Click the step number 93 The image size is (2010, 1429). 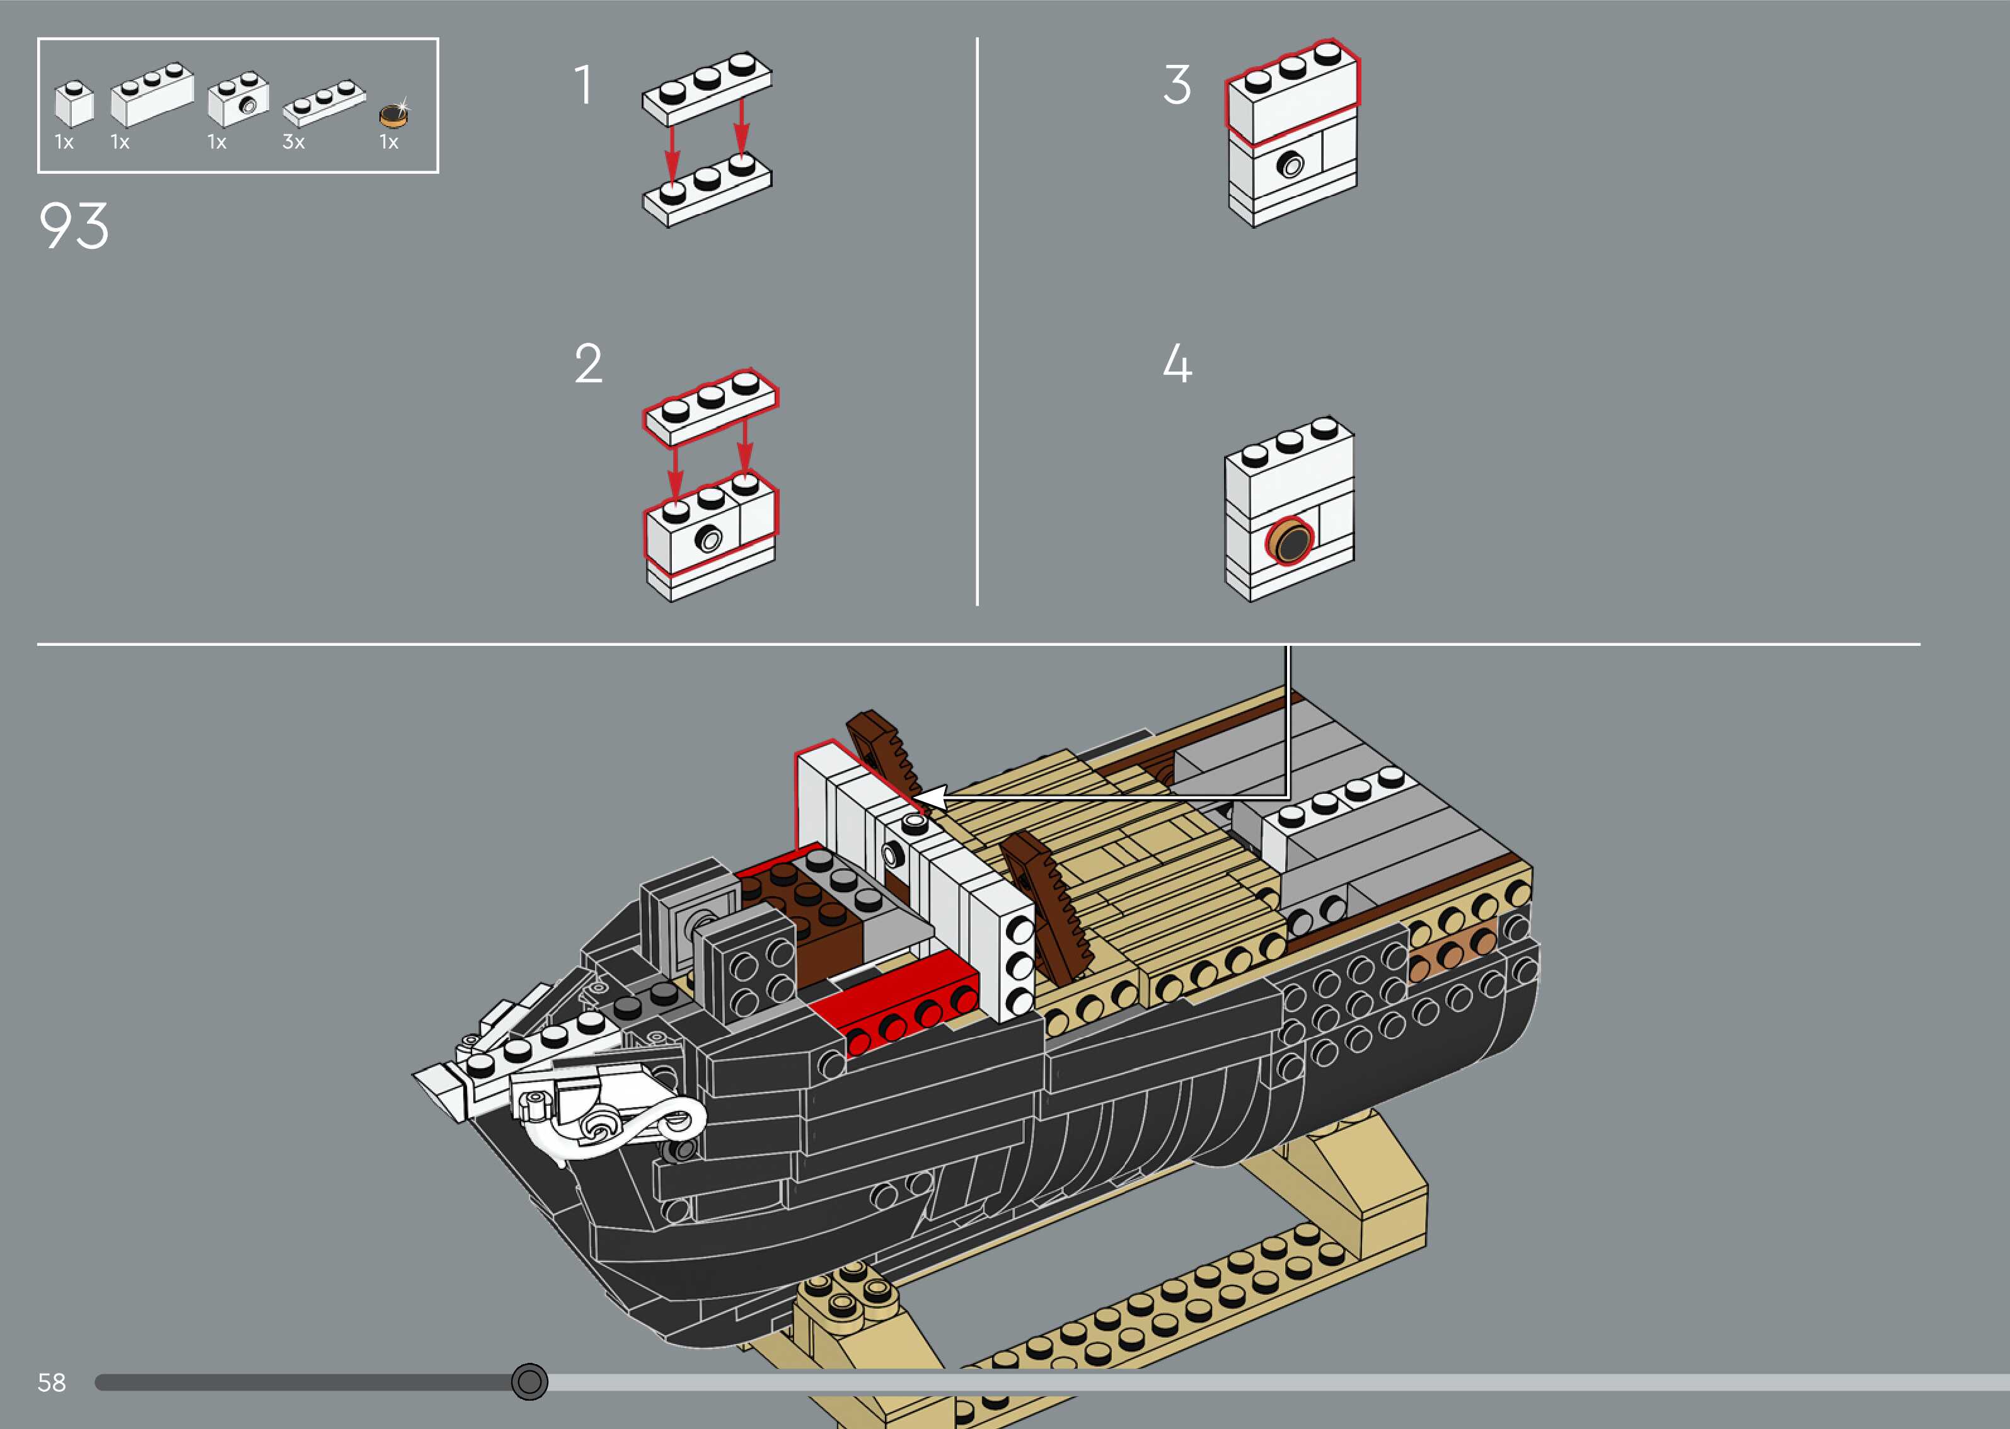click(x=74, y=226)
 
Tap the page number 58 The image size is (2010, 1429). click(x=52, y=1382)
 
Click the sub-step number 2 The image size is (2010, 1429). click(x=589, y=364)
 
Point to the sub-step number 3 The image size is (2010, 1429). click(x=1177, y=85)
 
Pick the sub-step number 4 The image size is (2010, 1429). click(x=1177, y=364)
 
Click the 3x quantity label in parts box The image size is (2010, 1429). click(x=294, y=142)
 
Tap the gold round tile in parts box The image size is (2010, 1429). click(x=393, y=115)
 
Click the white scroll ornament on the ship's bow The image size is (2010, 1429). click(x=616, y=1122)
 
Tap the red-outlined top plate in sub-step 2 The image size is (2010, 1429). click(x=710, y=406)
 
